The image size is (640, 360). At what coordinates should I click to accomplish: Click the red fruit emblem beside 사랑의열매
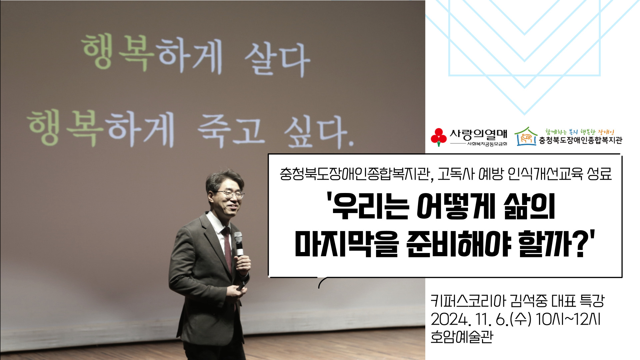439,137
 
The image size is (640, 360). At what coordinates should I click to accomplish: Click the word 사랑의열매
478,135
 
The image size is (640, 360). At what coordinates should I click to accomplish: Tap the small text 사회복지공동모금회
487,144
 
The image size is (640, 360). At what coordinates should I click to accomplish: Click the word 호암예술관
462,337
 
